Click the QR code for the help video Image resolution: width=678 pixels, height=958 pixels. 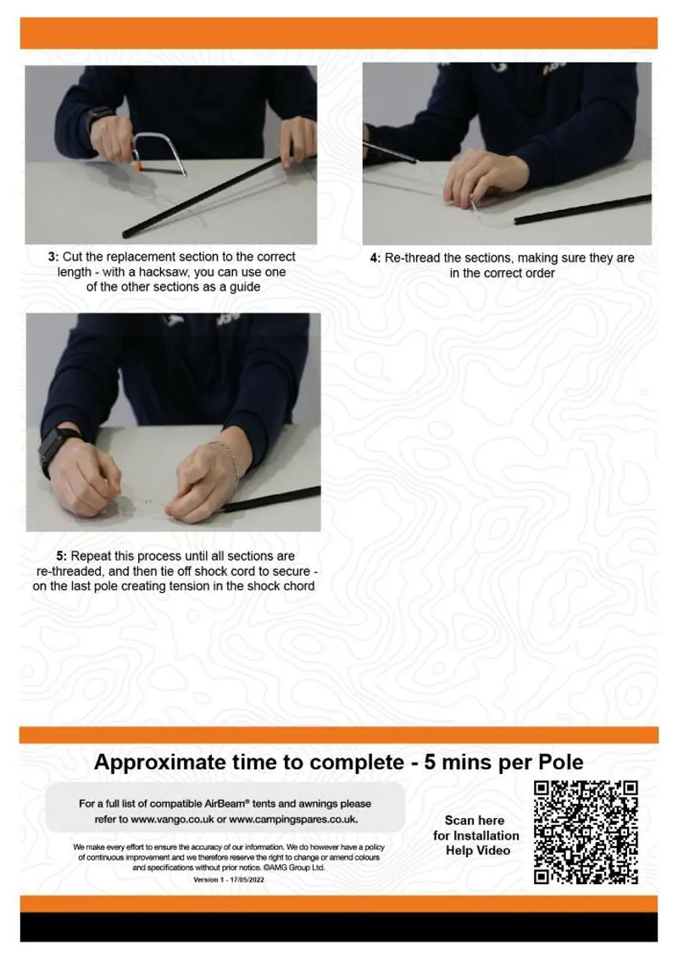(586, 833)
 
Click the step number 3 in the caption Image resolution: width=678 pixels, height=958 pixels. (53, 257)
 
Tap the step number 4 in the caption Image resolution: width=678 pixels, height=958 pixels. (375, 258)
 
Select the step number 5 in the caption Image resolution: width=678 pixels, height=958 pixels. (61, 557)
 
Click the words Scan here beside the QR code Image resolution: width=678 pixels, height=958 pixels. (474, 820)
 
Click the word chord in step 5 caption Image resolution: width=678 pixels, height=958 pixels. (297, 586)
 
